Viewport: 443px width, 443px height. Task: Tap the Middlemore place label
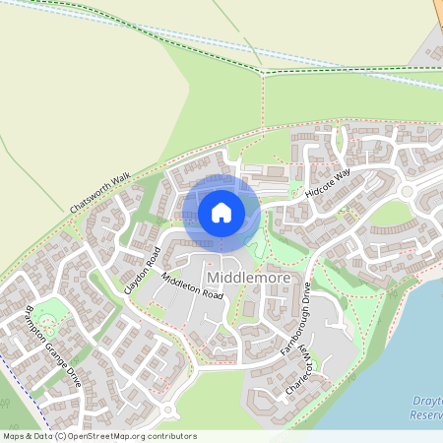249,279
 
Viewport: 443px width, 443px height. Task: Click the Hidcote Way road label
328,182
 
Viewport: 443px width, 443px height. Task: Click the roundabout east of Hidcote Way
407,191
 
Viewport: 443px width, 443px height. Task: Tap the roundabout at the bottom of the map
169,411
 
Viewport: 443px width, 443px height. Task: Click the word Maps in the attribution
15,436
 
